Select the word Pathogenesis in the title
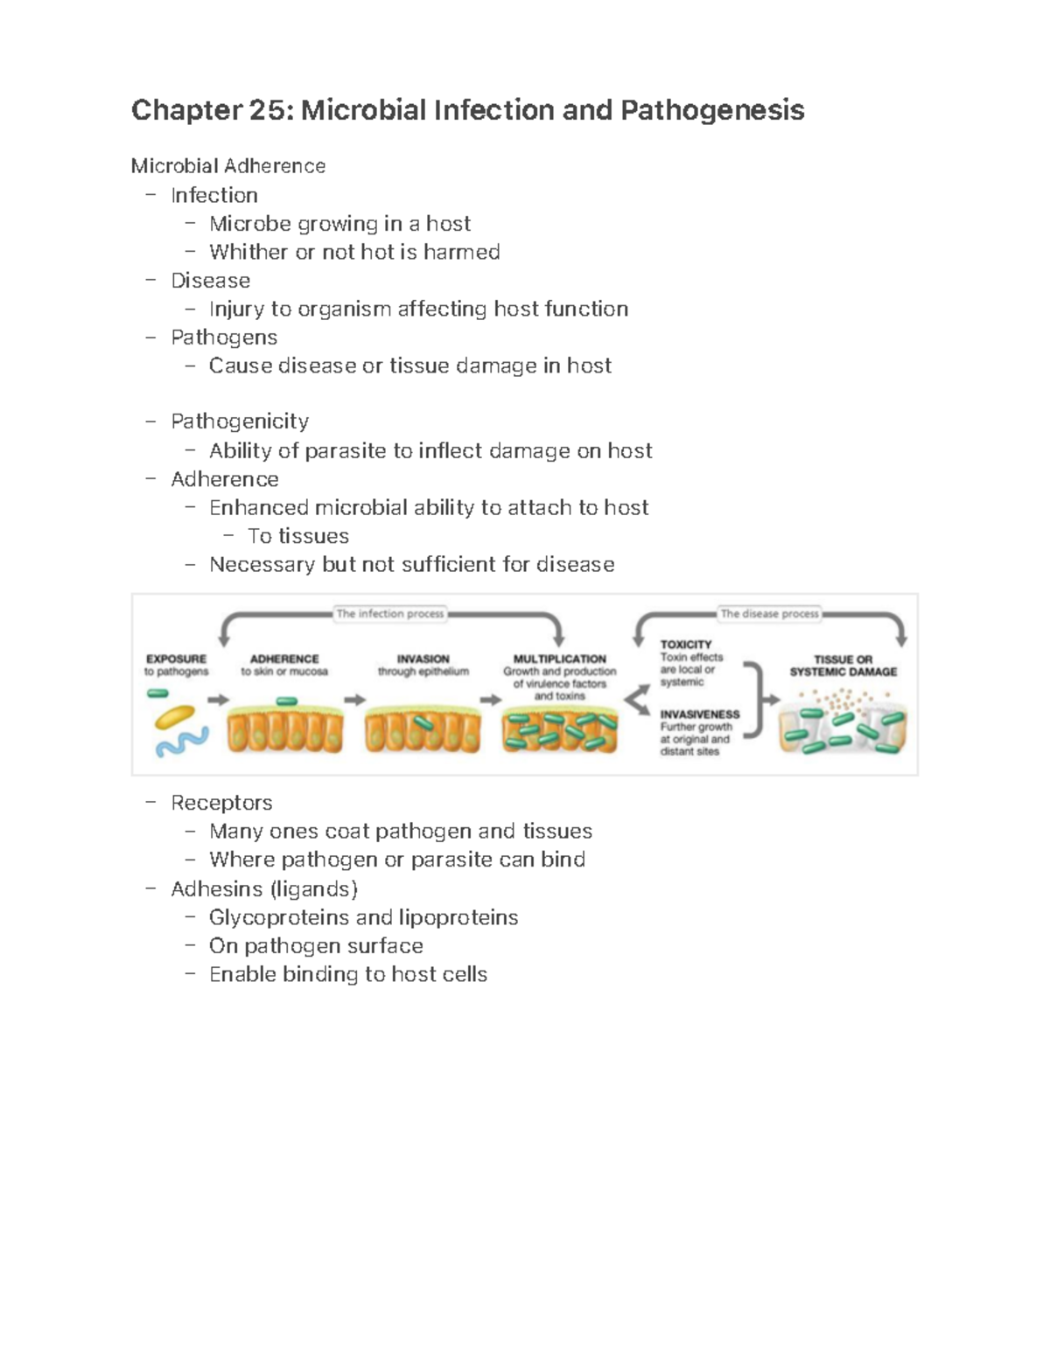coord(712,110)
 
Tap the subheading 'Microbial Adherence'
coord(227,166)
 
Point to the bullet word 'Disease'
coord(210,281)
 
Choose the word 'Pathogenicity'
coord(240,421)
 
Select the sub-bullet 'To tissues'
coord(297,536)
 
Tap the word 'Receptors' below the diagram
coord(221,803)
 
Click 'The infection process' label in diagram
coord(390,614)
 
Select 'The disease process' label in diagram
coord(769,614)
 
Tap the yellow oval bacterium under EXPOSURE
coord(176,718)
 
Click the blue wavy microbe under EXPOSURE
coord(182,742)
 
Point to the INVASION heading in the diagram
coord(423,658)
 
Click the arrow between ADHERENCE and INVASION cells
coord(354,700)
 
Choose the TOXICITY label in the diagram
coord(686,644)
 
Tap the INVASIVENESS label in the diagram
coord(700,714)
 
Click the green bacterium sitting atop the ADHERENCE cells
coord(286,701)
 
